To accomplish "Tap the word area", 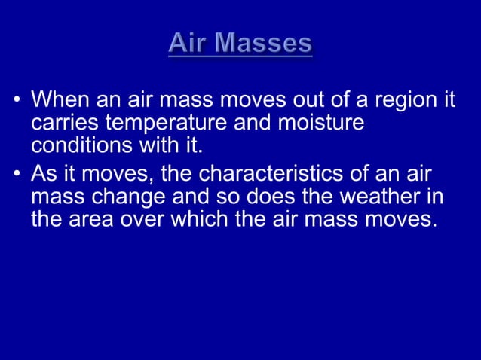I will click(86, 221).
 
